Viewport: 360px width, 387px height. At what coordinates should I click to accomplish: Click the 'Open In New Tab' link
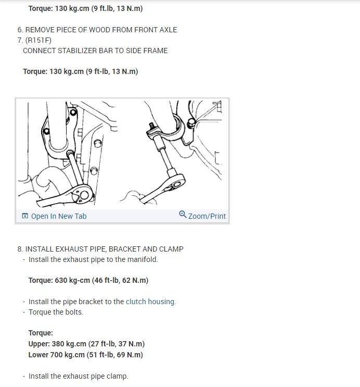point(58,216)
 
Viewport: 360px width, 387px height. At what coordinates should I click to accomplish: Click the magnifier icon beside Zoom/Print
point(183,215)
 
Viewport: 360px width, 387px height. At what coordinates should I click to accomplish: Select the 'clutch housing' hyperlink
point(150,302)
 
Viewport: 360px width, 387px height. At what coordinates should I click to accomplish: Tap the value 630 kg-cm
point(72,280)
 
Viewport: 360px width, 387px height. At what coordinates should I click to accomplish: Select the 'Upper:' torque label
point(40,344)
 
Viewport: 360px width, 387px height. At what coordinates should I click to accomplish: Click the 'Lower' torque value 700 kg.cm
point(70,355)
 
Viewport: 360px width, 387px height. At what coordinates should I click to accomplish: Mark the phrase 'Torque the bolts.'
point(56,313)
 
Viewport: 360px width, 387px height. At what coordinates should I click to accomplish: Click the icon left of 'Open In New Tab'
point(24,216)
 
